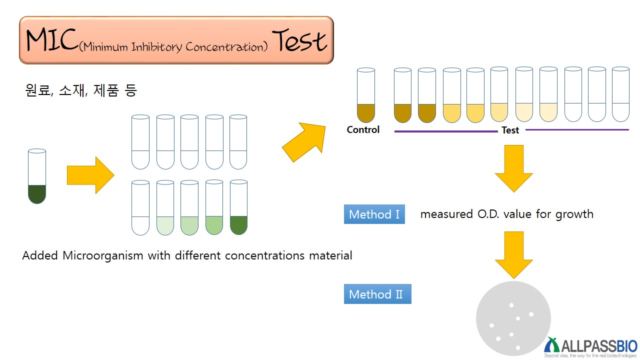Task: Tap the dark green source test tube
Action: pos(37,176)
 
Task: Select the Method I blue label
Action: pos(374,214)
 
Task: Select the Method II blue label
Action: pos(377,294)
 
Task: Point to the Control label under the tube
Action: pos(363,129)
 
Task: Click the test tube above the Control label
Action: pos(365,95)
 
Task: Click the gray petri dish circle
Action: pos(513,319)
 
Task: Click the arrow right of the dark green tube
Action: pos(90,175)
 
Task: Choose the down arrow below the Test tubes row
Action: pos(514,168)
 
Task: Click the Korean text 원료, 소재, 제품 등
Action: pos(80,90)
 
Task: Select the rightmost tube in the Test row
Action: pos(620,95)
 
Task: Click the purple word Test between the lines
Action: pos(510,130)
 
